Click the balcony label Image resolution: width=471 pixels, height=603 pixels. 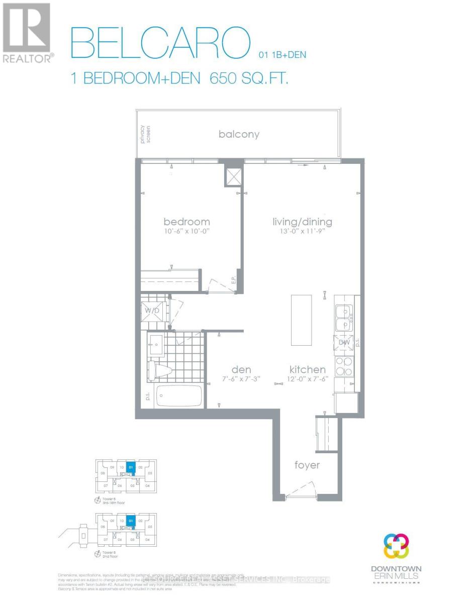coord(239,134)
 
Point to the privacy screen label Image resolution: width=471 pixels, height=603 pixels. coord(145,134)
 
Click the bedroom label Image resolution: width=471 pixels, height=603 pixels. coord(186,222)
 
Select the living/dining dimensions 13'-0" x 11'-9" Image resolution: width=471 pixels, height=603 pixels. coord(302,232)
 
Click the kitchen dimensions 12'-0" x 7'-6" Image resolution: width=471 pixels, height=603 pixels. coord(307,380)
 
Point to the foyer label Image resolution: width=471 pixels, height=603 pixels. coord(307,465)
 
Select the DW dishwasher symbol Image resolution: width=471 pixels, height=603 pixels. coord(343,343)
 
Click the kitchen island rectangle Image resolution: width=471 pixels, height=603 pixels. coord(301,320)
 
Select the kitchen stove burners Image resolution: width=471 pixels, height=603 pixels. coord(343,366)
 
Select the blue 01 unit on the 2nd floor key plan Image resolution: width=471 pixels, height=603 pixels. coord(131,521)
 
